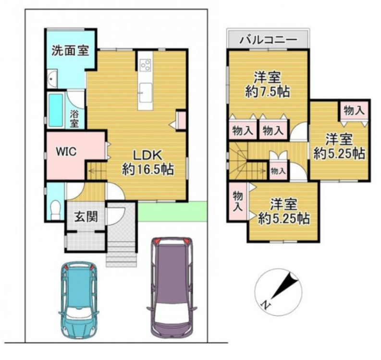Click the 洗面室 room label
[x=71, y=51]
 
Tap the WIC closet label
[x=66, y=152]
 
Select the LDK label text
[x=148, y=155]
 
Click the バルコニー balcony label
[x=268, y=39]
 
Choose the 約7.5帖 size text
[x=267, y=92]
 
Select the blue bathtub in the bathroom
[x=56, y=111]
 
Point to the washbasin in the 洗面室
[x=52, y=78]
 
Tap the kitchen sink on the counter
[x=145, y=93]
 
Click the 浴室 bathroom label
[x=74, y=119]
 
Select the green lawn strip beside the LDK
[x=172, y=211]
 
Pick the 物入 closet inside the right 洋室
[x=354, y=111]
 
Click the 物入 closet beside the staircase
[x=278, y=171]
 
